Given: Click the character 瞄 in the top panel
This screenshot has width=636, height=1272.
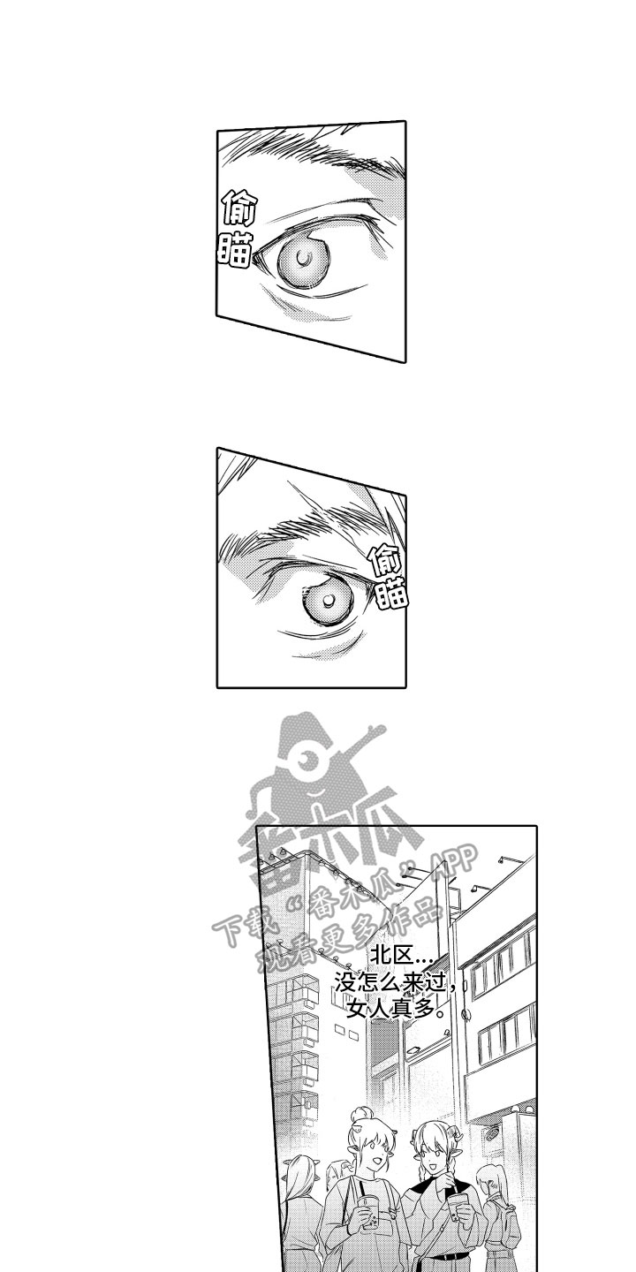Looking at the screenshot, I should pyautogui.click(x=237, y=249).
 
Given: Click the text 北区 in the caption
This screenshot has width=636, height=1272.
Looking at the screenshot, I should pyautogui.click(x=390, y=957).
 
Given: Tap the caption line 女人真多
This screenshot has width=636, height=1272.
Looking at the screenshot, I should pyautogui.click(x=394, y=1007).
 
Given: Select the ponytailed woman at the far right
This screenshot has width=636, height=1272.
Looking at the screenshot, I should pyautogui.click(x=499, y=1210).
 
